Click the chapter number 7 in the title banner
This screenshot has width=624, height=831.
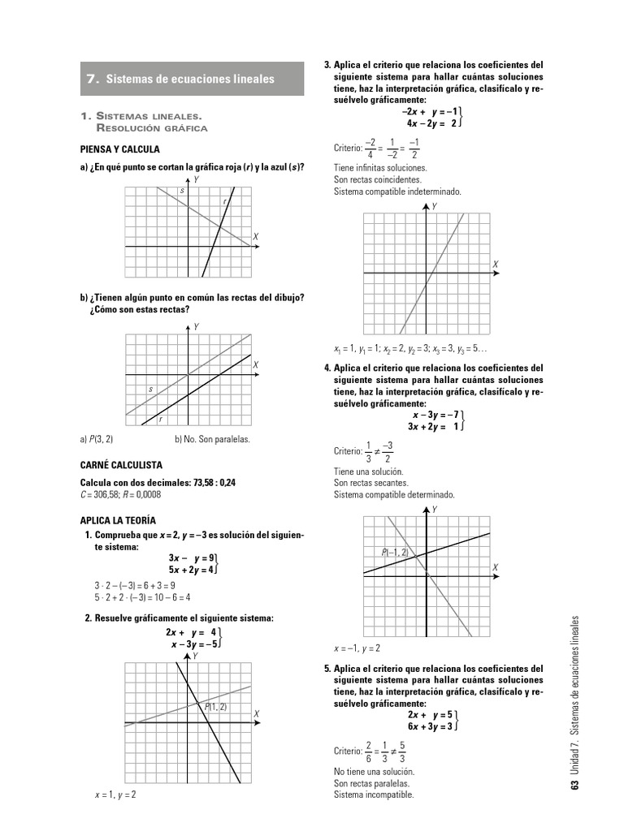coord(92,80)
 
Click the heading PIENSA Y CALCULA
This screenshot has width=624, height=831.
coord(119,150)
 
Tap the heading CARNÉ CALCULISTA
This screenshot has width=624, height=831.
coord(121,465)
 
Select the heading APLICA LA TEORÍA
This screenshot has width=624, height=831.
coord(118,520)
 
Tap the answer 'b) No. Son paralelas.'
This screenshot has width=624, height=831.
coord(212,440)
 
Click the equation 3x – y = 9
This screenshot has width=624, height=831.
coord(191,558)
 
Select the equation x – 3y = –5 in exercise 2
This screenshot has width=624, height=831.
coord(193,644)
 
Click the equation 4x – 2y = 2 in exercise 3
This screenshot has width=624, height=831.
coord(431,123)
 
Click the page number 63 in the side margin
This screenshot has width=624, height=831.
coord(575,785)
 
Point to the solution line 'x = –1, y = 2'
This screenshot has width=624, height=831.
coord(357,649)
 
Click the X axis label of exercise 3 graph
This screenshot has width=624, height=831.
coord(495,265)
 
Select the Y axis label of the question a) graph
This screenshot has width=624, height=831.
coord(197,179)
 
